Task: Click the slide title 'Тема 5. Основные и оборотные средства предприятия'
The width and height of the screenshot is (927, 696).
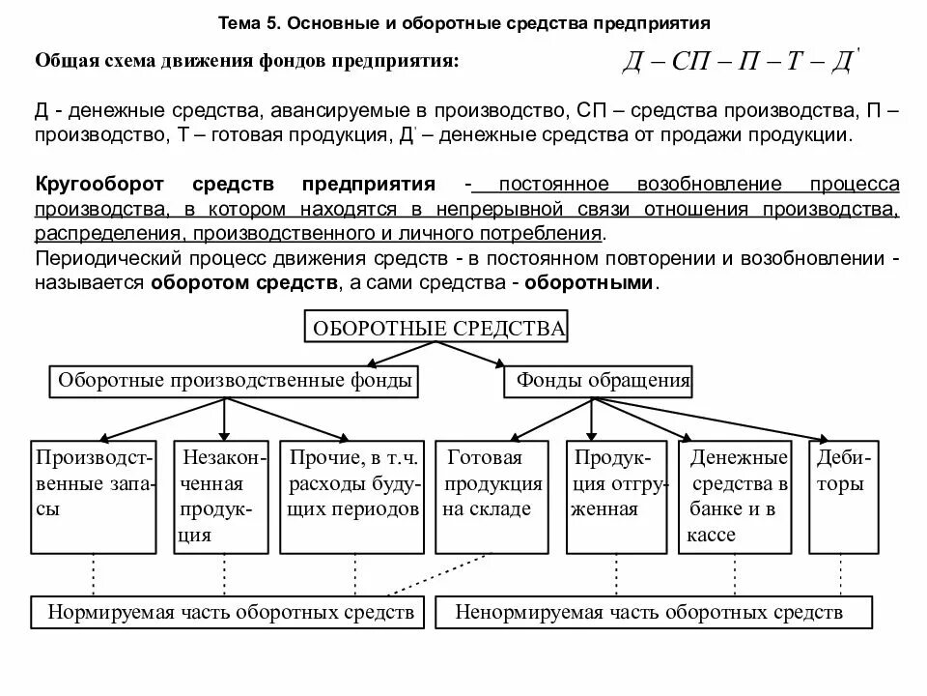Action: tap(464, 21)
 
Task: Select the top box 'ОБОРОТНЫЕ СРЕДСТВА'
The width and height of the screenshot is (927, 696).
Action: tap(436, 329)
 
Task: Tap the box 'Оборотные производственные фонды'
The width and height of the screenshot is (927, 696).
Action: tap(235, 382)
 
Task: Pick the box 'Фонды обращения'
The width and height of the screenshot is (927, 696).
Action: tap(599, 382)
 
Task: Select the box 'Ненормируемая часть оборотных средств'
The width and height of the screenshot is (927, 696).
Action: tap(653, 612)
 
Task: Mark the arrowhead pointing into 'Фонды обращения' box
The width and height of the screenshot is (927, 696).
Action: tap(499, 363)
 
